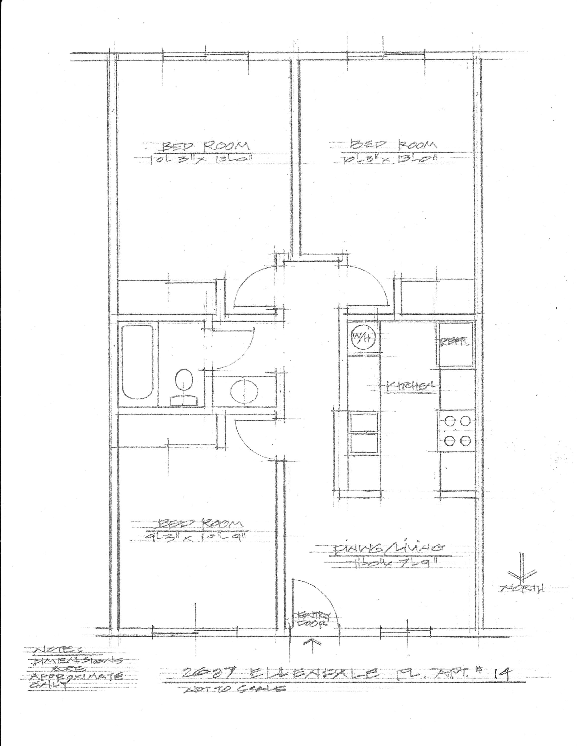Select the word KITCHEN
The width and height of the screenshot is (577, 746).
410,386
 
